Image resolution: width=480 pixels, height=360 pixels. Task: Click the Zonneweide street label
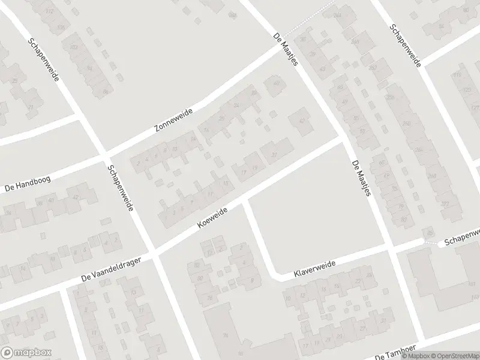click(x=173, y=122)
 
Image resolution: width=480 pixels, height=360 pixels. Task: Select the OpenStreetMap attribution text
click(x=449, y=356)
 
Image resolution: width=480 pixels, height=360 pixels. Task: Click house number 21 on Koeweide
click(x=275, y=155)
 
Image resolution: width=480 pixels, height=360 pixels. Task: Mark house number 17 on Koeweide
click(x=243, y=173)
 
